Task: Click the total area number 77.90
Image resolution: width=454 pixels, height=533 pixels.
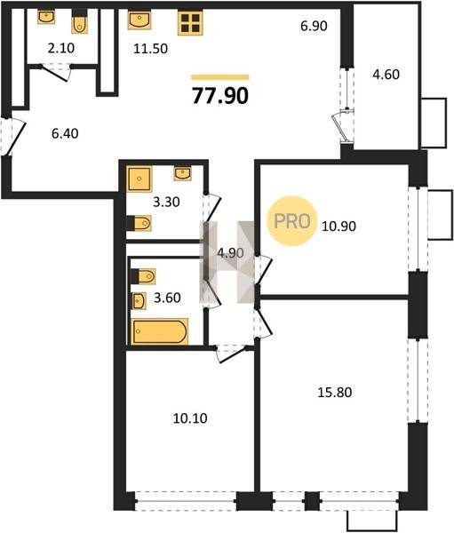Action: click(x=220, y=96)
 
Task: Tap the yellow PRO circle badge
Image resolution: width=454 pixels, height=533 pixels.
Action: click(x=292, y=221)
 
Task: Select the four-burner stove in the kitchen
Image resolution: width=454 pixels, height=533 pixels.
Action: click(x=190, y=23)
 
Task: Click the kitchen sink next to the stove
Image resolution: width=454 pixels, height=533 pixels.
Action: click(x=139, y=20)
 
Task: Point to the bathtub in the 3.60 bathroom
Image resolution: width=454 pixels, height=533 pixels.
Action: click(x=160, y=331)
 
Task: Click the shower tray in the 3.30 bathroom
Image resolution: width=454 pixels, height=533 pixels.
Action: click(x=139, y=179)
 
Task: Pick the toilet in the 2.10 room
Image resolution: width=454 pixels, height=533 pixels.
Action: click(x=80, y=22)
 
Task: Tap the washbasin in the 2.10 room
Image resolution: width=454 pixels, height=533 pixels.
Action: click(x=46, y=17)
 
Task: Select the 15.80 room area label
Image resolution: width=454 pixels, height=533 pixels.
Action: click(x=335, y=393)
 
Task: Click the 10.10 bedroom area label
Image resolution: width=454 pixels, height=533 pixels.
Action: click(x=190, y=418)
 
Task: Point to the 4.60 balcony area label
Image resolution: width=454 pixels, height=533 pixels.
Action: click(x=386, y=74)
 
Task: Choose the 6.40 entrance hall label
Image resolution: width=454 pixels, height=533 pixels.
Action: click(x=65, y=133)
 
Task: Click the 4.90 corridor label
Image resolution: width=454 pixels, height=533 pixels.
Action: click(x=231, y=253)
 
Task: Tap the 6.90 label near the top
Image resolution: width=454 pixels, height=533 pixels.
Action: click(x=314, y=26)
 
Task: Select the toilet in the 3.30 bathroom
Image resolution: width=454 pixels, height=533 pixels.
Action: click(x=139, y=223)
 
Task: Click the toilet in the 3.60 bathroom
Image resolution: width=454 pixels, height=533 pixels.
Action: click(x=143, y=276)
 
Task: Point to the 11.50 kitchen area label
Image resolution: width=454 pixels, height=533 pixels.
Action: click(x=151, y=49)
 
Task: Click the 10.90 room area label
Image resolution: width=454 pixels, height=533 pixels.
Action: click(x=339, y=226)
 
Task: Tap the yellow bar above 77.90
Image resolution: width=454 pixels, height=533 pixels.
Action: click(x=220, y=77)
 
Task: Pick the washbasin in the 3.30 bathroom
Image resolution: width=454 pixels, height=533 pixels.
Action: click(x=183, y=173)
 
